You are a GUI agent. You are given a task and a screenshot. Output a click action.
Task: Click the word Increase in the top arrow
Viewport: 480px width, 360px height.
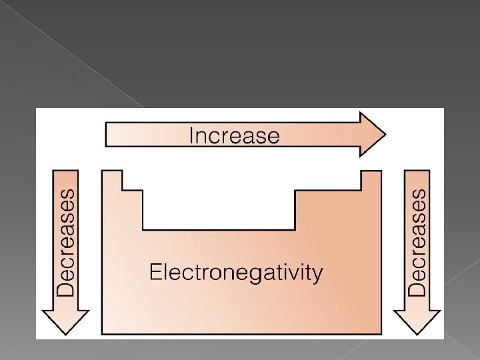234,136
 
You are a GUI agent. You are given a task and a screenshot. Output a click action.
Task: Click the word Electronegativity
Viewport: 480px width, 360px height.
235,273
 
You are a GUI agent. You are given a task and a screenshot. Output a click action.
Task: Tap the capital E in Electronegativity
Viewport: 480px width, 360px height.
154,271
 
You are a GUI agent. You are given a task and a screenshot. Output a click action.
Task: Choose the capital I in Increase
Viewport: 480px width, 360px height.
192,136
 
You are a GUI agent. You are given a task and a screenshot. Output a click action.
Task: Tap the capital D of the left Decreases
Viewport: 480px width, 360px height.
67,287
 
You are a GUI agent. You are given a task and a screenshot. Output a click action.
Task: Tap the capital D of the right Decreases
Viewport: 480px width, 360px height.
417,287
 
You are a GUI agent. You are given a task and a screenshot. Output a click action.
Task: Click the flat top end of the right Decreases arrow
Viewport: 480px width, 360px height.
417,171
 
